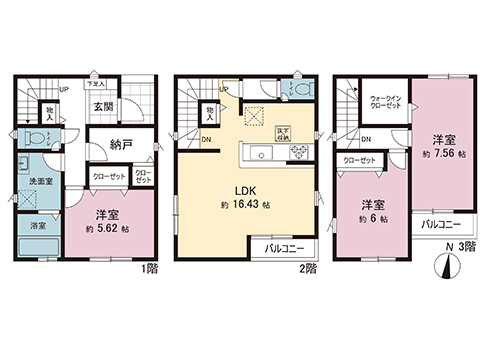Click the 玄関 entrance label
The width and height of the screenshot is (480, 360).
click(x=103, y=108)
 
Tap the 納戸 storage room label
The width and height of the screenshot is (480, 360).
click(x=121, y=146)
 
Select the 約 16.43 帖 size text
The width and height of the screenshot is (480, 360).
click(x=245, y=205)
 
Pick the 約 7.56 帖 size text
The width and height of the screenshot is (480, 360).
click(x=445, y=156)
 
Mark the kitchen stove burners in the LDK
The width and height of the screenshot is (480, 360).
click(x=297, y=152)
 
